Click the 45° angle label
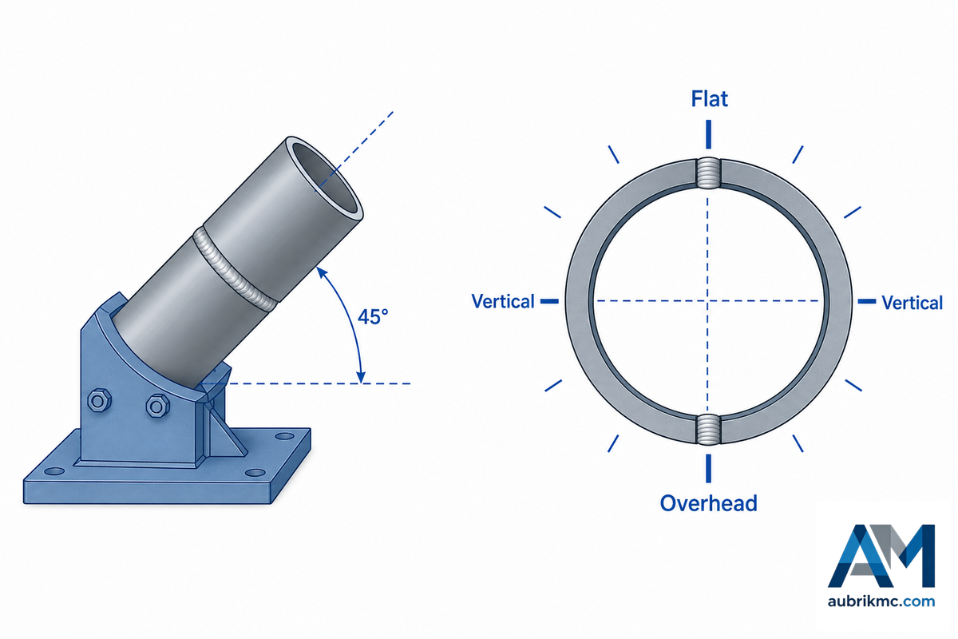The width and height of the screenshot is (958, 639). [x=373, y=317]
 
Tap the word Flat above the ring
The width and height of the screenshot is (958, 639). [x=710, y=99]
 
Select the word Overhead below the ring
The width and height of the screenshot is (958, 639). [x=709, y=503]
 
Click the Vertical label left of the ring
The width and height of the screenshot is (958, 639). [x=503, y=301]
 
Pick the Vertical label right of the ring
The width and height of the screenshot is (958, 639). [x=912, y=303]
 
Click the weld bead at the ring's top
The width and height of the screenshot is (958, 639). [x=708, y=173]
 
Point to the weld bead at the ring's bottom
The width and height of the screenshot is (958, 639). [x=708, y=429]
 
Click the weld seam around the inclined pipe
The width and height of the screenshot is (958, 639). [x=235, y=270]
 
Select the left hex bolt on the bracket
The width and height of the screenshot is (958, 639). [x=99, y=401]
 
